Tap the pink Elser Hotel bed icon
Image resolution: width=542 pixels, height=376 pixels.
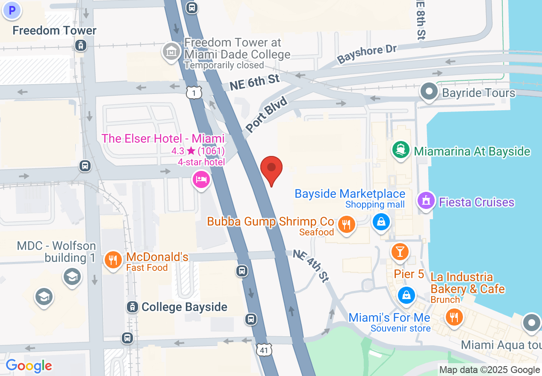(201, 179)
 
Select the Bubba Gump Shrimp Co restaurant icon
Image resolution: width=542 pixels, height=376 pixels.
(346, 224)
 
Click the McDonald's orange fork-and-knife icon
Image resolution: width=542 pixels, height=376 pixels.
(113, 260)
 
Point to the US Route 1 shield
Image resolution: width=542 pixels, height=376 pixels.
(194, 92)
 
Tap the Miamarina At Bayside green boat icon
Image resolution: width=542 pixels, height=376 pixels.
(401, 150)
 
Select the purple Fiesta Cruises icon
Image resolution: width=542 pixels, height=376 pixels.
(426, 200)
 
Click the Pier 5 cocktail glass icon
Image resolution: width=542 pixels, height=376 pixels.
(400, 251)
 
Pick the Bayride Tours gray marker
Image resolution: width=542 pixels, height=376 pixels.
(429, 91)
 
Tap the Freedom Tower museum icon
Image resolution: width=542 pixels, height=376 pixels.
(171, 52)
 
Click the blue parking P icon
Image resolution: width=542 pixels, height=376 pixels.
(12, 9)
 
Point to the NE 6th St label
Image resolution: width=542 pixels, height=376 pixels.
(255, 81)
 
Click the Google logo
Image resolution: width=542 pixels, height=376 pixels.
(29, 366)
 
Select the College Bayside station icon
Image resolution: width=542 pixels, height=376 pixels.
(133, 307)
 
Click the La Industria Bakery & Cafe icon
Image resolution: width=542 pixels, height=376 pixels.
(454, 317)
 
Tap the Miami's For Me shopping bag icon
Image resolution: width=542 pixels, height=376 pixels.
(406, 295)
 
